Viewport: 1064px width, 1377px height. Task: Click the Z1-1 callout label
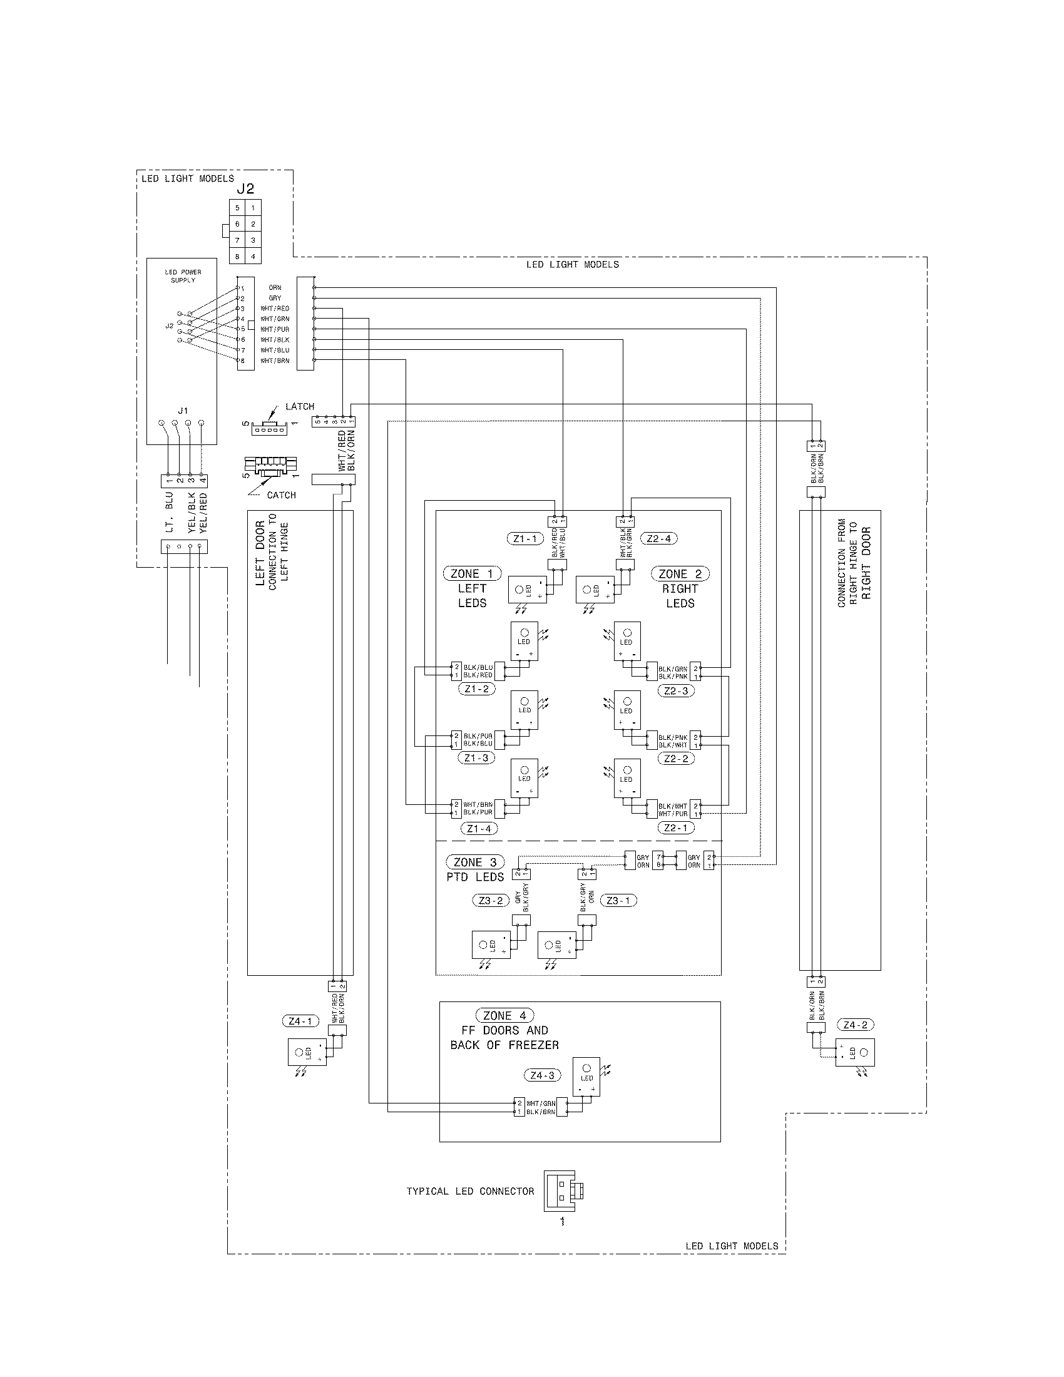click(x=524, y=538)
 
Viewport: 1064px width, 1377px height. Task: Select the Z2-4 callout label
click(x=658, y=538)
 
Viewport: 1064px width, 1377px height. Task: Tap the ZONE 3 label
click(x=474, y=862)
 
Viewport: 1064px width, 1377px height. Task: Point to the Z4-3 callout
click(x=541, y=1075)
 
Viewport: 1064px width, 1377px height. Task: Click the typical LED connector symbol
click(x=562, y=1191)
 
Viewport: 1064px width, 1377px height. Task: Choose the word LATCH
click(x=299, y=407)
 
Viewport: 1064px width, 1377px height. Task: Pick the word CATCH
click(x=281, y=495)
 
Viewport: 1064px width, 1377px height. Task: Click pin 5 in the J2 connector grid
click(x=238, y=208)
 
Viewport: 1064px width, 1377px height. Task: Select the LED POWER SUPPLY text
click(x=183, y=276)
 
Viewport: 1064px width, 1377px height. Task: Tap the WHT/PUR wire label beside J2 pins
click(x=275, y=329)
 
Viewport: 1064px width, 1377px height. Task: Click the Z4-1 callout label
click(x=300, y=1021)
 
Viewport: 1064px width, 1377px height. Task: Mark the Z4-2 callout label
click(x=855, y=1025)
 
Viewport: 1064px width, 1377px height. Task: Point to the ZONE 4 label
click(x=504, y=1016)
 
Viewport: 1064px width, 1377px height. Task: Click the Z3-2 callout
click(x=491, y=900)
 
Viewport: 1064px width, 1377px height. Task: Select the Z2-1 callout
click(x=676, y=828)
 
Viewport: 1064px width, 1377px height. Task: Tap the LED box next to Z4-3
click(x=587, y=1077)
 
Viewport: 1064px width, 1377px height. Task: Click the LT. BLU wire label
click(x=169, y=513)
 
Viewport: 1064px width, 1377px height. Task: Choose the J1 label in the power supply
click(x=183, y=411)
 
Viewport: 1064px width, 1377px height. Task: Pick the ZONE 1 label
click(x=472, y=574)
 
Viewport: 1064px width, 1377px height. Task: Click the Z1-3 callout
click(x=476, y=758)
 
